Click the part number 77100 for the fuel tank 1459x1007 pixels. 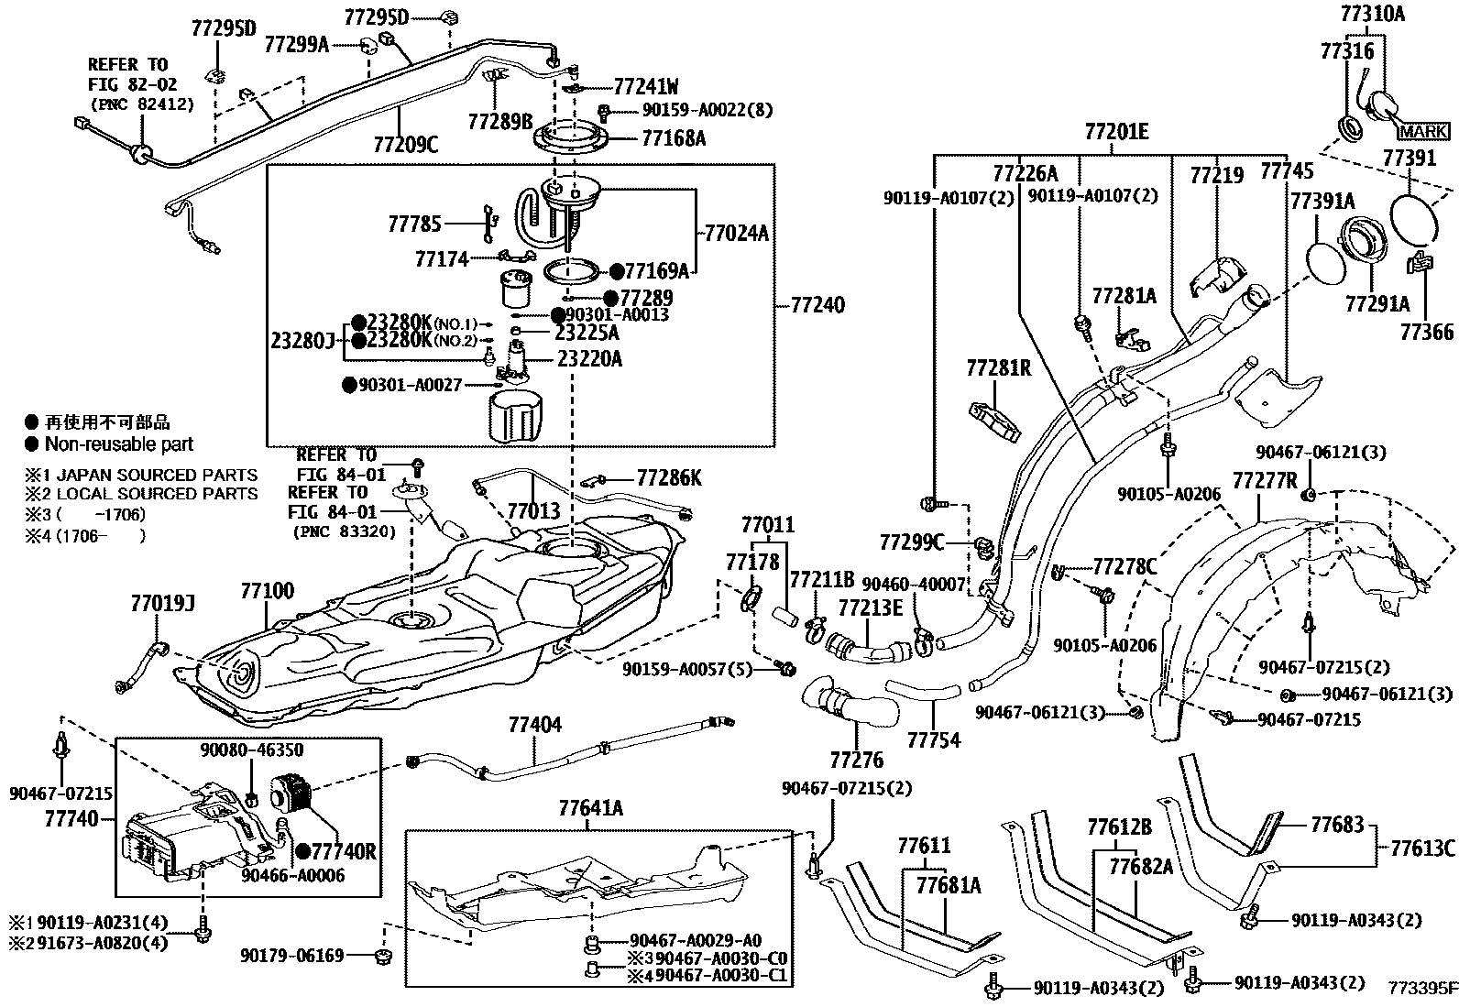click(267, 591)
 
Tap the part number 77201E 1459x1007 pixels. click(1116, 132)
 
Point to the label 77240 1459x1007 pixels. click(817, 305)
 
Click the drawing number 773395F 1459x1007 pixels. click(1421, 988)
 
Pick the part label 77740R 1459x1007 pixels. click(344, 851)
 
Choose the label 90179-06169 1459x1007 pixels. click(291, 956)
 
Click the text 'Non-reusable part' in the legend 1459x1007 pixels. click(119, 444)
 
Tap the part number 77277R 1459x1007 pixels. click(1264, 481)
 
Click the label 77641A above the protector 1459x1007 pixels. click(590, 808)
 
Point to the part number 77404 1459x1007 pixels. click(534, 724)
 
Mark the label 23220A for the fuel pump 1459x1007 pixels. click(589, 359)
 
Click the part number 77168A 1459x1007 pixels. click(674, 138)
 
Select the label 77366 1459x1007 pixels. click(1426, 333)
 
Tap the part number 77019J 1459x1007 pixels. click(162, 604)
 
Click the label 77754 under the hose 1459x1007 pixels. click(934, 740)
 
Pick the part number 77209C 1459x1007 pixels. click(405, 144)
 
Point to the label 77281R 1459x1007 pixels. click(999, 368)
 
